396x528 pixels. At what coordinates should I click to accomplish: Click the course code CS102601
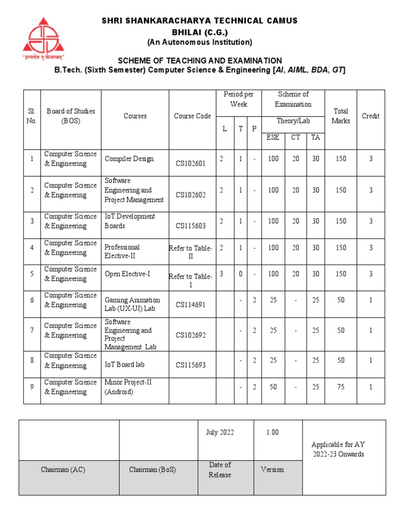coord(190,163)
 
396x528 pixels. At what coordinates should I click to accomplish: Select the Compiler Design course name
coord(129,159)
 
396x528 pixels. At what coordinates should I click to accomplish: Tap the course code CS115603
coord(190,225)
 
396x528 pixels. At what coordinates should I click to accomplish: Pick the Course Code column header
coord(192,116)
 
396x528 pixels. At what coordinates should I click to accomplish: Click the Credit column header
coord(370,116)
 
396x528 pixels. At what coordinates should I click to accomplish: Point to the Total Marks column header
coord(341,116)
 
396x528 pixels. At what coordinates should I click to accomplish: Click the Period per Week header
coord(238,99)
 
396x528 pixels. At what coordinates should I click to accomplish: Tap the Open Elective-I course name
coord(127,274)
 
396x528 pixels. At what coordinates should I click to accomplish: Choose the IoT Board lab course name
coord(124,365)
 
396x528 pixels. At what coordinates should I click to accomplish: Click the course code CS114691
coord(190,305)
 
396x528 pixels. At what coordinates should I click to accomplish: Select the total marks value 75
coord(341,387)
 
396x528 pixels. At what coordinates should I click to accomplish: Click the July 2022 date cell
coord(219,433)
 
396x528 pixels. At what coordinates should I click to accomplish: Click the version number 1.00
coord(272,433)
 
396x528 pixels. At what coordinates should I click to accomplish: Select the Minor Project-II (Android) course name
coord(128,387)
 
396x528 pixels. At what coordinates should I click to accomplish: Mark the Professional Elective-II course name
coord(122,252)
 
